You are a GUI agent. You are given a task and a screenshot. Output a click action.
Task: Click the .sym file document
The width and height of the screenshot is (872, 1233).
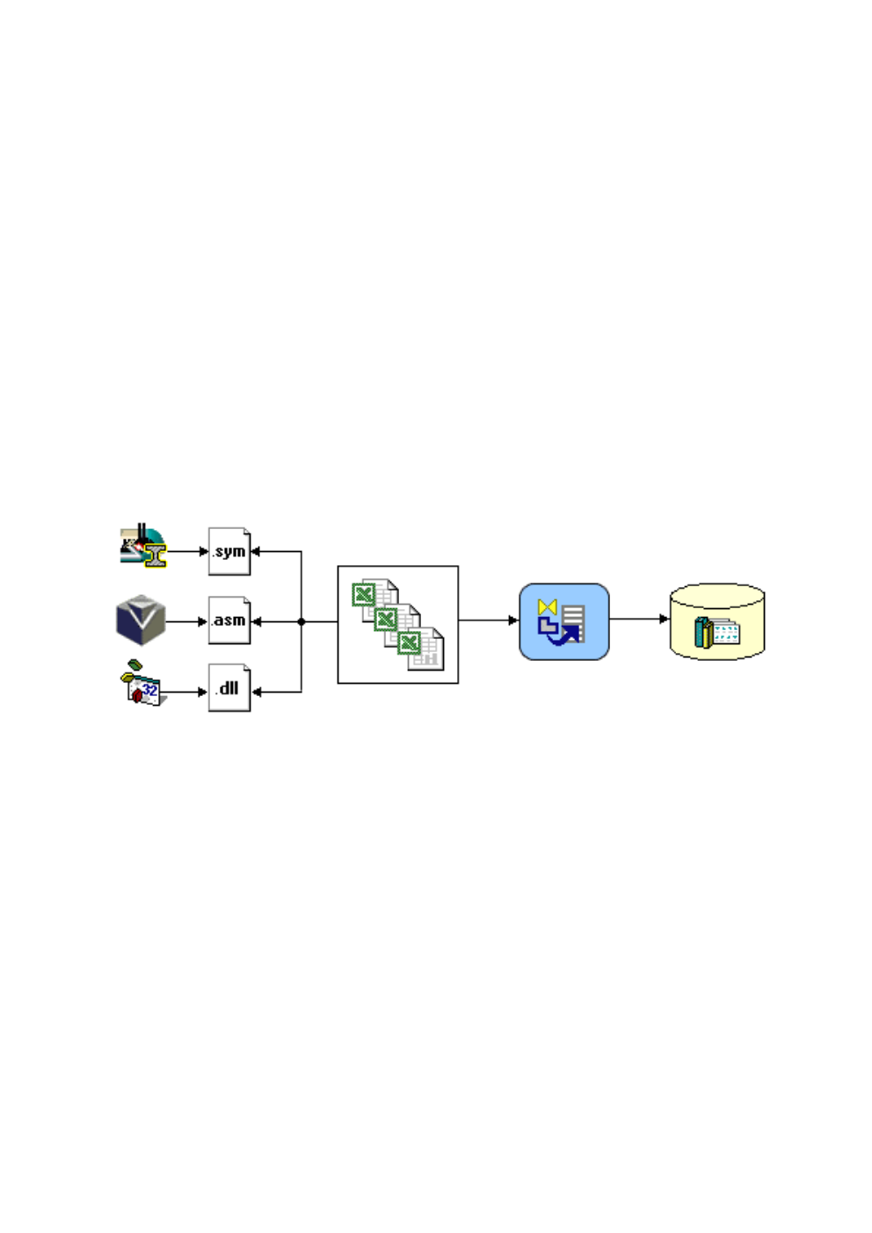coord(229,551)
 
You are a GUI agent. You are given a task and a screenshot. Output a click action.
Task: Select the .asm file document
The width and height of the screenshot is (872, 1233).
coord(229,620)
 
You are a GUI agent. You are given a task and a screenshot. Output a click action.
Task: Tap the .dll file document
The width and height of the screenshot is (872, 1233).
coord(229,688)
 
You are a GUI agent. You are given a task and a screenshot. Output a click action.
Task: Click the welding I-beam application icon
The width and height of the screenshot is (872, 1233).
coord(142,545)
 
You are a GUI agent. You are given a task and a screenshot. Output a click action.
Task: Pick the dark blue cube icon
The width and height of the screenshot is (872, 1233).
coord(141,620)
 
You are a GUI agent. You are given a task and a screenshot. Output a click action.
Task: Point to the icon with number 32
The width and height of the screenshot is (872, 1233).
coord(143,683)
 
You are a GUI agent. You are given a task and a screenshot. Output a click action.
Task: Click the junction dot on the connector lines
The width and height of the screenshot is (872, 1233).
coord(302,621)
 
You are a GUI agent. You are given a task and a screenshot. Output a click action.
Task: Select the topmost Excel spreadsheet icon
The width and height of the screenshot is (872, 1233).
coord(374,599)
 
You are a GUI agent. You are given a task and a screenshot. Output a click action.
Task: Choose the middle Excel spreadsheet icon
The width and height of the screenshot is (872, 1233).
coord(397,625)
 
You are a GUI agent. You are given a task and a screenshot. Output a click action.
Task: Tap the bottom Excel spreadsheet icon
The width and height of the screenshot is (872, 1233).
coord(420,649)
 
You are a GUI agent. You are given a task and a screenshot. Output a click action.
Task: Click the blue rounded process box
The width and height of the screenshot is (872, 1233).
coord(563,621)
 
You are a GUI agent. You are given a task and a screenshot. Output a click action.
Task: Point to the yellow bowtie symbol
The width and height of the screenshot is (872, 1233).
coord(548,607)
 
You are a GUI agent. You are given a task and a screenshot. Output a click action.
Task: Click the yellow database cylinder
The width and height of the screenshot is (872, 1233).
coord(716,621)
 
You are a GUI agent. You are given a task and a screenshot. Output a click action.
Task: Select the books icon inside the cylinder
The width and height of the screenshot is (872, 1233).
coord(716,632)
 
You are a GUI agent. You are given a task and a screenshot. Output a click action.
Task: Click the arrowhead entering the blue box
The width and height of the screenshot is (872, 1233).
coord(513,620)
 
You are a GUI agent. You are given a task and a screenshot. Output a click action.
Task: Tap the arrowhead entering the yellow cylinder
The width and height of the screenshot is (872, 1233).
coord(665,619)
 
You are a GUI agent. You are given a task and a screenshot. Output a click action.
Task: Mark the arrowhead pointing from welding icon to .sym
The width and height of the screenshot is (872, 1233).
coord(204,551)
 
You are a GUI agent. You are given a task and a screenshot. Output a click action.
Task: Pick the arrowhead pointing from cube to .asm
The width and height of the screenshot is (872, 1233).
coord(203,621)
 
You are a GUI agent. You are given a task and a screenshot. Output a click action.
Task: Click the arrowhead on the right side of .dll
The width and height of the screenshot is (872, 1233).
coord(256,692)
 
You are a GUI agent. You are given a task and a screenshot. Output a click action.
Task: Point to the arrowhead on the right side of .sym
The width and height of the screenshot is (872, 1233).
coord(256,551)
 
